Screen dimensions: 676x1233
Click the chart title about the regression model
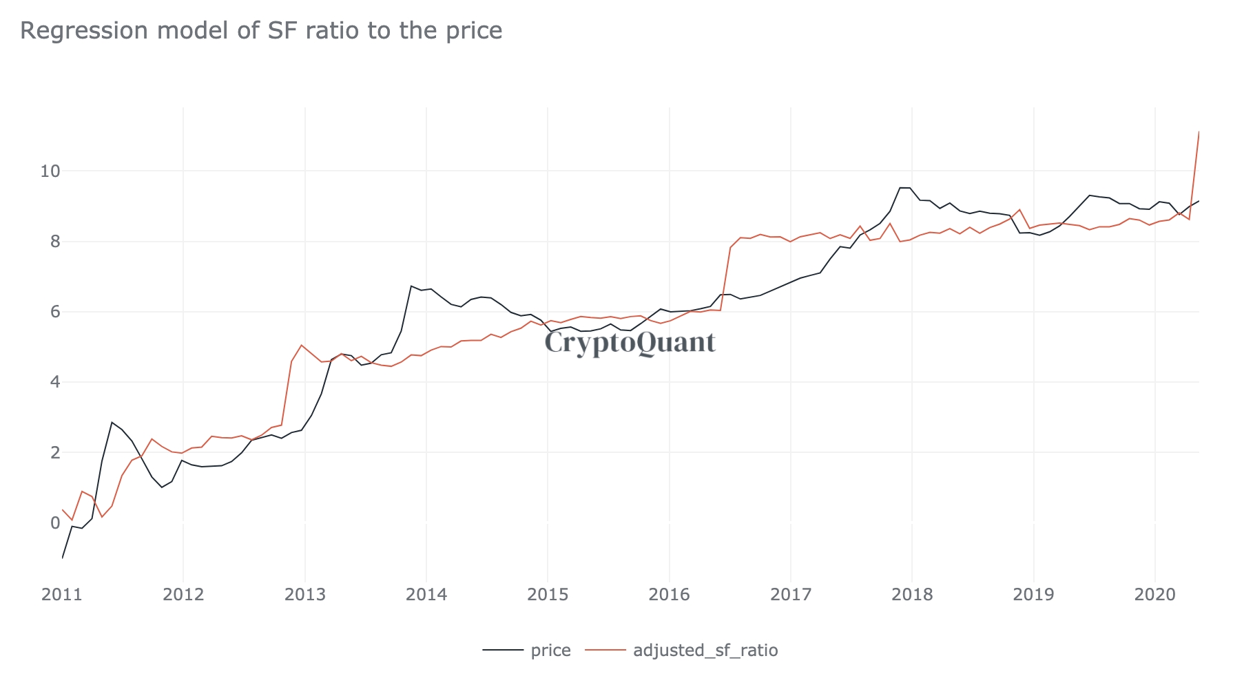pyautogui.click(x=261, y=31)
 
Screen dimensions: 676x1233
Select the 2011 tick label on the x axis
pyautogui.click(x=62, y=595)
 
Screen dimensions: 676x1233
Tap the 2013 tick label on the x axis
pyautogui.click(x=304, y=595)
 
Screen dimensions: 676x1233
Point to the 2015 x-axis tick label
pyautogui.click(x=548, y=595)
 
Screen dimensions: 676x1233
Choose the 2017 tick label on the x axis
pyautogui.click(x=790, y=595)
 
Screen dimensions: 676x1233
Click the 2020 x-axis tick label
pyautogui.click(x=1154, y=595)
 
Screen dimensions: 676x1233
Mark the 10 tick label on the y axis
pyautogui.click(x=50, y=171)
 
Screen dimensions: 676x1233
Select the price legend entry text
pyautogui.click(x=551, y=651)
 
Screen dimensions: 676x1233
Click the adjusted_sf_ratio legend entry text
pyautogui.click(x=705, y=651)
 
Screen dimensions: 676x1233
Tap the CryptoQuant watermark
pyautogui.click(x=630, y=343)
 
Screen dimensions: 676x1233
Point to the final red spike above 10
pyautogui.click(x=1199, y=132)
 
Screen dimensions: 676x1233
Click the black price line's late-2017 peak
pyautogui.click(x=900, y=187)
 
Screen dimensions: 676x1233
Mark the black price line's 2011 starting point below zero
pyautogui.click(x=63, y=557)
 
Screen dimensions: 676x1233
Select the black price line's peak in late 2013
pyautogui.click(x=411, y=286)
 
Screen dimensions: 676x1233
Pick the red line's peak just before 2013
pyautogui.click(x=302, y=345)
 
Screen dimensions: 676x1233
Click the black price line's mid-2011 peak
pyautogui.click(x=112, y=422)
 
